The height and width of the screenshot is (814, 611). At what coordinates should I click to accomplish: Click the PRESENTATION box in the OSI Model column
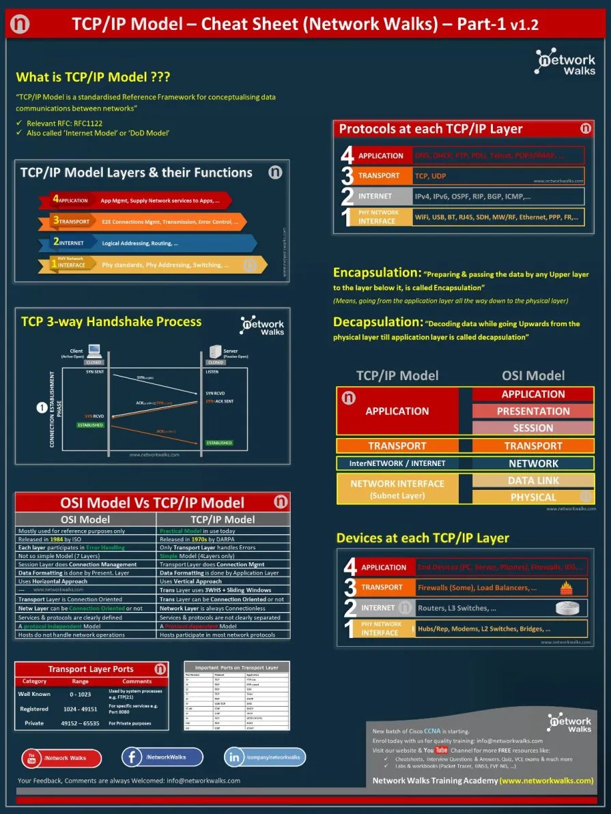[x=533, y=411]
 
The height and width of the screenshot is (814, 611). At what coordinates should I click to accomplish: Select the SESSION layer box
[x=533, y=428]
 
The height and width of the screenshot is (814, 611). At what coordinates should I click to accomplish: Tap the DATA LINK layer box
[x=533, y=480]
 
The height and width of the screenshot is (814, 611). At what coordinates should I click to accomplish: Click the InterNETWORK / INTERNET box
[x=397, y=463]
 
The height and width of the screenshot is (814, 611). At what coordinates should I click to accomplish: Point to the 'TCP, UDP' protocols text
[x=430, y=176]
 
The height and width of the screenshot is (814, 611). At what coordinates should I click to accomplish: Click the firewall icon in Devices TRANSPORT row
[x=565, y=587]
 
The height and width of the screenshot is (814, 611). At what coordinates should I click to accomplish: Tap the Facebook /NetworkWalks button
[x=162, y=757]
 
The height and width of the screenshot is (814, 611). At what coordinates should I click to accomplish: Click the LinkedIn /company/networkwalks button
[x=265, y=757]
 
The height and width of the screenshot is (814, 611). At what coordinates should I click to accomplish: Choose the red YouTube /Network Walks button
[x=61, y=758]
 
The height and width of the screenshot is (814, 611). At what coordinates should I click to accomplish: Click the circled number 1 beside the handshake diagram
[x=42, y=408]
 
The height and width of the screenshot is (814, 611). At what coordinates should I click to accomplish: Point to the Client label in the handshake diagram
[x=76, y=351]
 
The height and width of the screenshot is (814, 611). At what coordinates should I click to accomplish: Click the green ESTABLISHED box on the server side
[x=218, y=443]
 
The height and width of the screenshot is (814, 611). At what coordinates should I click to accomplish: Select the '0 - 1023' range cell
[x=81, y=694]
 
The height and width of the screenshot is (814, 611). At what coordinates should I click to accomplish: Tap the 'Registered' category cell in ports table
[x=34, y=709]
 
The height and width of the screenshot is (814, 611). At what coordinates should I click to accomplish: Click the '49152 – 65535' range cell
[x=81, y=723]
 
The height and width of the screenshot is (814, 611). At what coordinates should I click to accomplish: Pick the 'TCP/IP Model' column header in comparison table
[x=225, y=519]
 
